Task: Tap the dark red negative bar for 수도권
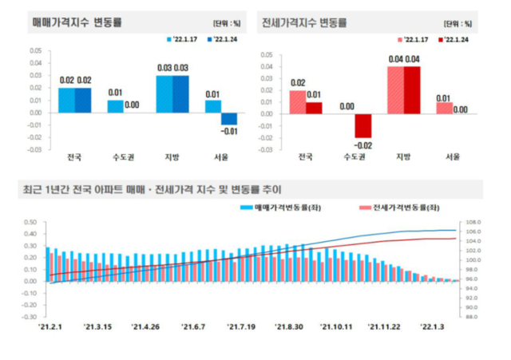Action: tap(363, 125)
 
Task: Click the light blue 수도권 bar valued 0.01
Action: tap(116, 106)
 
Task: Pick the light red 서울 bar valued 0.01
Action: tap(444, 107)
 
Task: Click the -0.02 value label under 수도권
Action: tap(363, 145)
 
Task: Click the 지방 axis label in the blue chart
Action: tap(170, 156)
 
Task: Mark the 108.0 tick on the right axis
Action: tap(471, 223)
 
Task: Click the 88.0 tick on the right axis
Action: tap(471, 317)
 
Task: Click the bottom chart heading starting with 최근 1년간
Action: tap(152, 189)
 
